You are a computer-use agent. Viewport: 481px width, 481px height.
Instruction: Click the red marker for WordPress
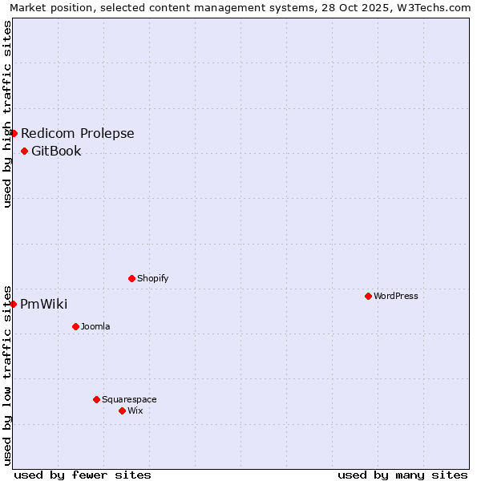pos(368,296)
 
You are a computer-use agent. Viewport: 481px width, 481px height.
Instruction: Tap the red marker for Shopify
pos(131,278)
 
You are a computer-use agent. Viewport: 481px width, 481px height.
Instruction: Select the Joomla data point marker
pos(75,326)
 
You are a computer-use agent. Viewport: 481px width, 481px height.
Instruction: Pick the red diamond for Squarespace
pos(96,399)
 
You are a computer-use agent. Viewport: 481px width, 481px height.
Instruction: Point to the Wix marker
pos(122,410)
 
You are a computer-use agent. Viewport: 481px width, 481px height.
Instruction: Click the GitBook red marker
pos(24,151)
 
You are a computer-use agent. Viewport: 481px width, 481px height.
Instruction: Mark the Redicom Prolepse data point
pos(14,133)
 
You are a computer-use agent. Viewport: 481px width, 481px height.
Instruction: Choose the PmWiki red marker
pos(13,304)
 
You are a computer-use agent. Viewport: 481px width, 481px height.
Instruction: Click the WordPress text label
pos(396,296)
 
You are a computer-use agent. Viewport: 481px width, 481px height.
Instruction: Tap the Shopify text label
pos(153,278)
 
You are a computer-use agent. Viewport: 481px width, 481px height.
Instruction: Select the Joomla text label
pos(95,326)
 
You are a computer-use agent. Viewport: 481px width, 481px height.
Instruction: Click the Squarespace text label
pos(129,399)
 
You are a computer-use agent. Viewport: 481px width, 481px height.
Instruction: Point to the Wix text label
pos(135,410)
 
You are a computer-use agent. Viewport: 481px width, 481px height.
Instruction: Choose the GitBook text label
pos(56,151)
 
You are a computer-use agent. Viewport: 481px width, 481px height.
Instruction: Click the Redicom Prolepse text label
pos(78,133)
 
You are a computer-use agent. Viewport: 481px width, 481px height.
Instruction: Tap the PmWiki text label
pos(44,304)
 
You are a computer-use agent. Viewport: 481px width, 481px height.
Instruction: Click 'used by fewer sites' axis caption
pos(83,475)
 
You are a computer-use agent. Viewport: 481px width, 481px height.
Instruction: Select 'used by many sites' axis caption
pos(402,475)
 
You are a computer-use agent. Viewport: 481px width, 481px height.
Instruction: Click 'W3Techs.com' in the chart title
pos(434,7)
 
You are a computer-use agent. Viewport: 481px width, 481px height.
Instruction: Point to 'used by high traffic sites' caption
pos(7,114)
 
